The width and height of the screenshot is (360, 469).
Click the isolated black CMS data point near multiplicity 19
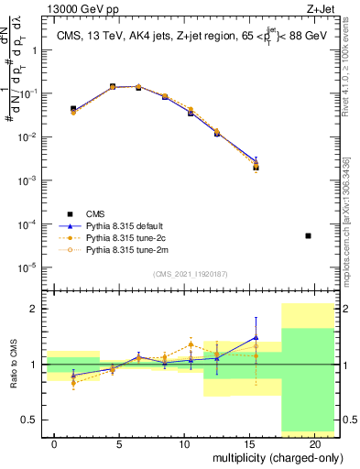[x=308, y=235]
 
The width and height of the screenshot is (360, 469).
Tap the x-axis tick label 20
[x=314, y=442]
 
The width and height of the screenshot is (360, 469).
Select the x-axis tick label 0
[x=54, y=442]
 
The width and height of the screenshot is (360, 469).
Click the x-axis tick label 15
[x=249, y=442]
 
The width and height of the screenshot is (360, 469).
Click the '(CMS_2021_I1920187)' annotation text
[x=190, y=274]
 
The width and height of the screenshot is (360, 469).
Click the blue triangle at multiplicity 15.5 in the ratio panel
[x=256, y=336]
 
